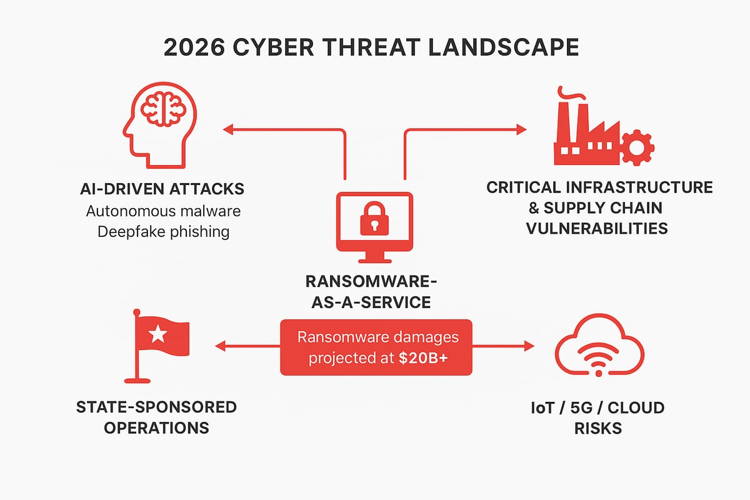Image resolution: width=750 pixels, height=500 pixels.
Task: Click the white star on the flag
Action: pos(157,336)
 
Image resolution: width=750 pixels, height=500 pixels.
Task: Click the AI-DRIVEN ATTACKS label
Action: pos(163,188)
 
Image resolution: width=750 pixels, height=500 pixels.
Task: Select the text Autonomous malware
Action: pos(163,211)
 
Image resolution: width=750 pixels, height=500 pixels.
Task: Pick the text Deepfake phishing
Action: pos(163,232)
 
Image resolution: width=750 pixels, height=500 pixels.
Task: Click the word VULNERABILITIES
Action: pos(596,228)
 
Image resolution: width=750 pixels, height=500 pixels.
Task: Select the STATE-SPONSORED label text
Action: pos(156,407)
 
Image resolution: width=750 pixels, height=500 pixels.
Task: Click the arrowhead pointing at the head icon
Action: pos(227,129)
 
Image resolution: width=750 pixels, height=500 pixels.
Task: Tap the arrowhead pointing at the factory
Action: pos(521,129)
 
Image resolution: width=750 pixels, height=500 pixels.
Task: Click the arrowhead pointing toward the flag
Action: pos(218,345)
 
